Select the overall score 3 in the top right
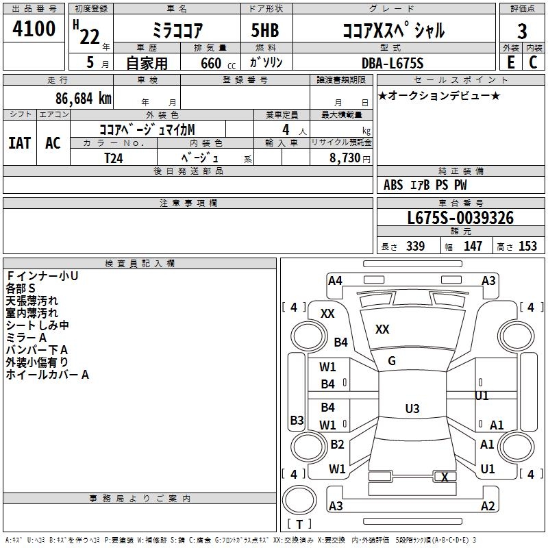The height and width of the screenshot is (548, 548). (522, 31)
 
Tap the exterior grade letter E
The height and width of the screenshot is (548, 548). (511, 62)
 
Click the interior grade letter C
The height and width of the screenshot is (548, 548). (533, 62)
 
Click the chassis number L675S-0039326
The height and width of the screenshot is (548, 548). (460, 219)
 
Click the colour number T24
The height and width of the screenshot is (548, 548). (114, 157)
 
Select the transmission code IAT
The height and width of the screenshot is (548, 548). (20, 143)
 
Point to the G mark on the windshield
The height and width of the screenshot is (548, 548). (392, 361)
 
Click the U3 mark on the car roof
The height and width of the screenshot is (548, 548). (412, 409)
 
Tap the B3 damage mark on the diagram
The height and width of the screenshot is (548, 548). (297, 420)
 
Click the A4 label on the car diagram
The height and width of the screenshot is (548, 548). (335, 280)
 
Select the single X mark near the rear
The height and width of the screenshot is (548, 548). (445, 477)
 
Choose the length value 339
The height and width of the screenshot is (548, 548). (415, 246)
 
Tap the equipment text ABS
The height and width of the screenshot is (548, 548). (393, 185)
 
